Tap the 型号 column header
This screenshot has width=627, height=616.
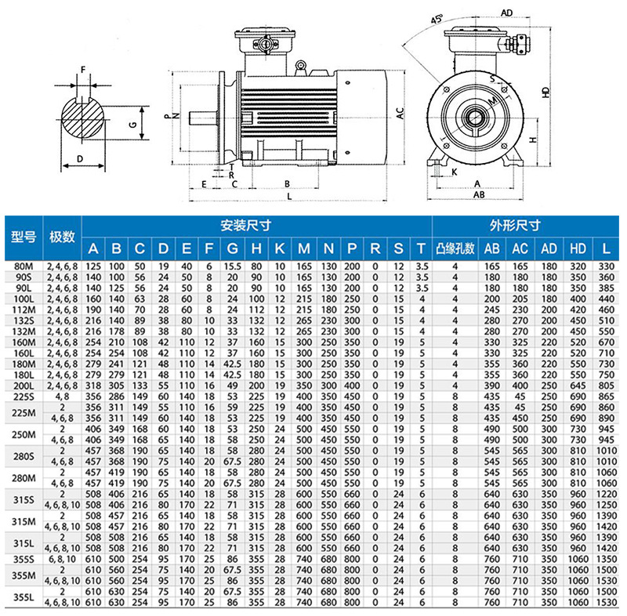(23, 237)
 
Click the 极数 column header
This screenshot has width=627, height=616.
(62, 237)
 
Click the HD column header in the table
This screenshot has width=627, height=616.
(578, 249)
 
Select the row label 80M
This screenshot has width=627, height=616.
(23, 266)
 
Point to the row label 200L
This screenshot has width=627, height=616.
(23, 386)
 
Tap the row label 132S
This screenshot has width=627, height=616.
(23, 321)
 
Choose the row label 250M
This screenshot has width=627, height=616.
(23, 434)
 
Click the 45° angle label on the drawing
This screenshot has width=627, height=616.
(436, 20)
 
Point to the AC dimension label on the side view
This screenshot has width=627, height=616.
(399, 114)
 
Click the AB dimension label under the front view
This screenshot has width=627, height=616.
(478, 196)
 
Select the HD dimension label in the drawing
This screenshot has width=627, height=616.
(546, 92)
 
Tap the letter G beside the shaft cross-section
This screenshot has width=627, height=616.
(133, 124)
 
